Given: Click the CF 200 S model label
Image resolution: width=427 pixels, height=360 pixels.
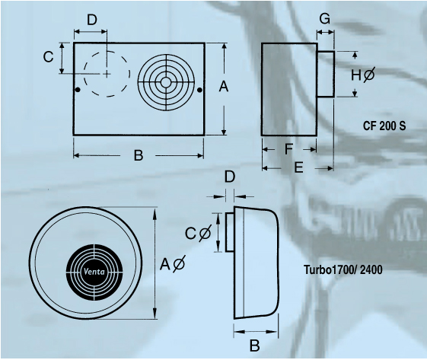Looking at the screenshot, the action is click(384, 126).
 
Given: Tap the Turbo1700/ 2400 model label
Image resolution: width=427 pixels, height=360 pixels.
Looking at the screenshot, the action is click(343, 269).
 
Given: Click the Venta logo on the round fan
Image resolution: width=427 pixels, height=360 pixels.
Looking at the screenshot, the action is click(94, 272).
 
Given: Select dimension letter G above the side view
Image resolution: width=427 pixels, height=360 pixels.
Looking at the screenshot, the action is click(324, 19).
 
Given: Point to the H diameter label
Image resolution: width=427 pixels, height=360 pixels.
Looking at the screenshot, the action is click(363, 75).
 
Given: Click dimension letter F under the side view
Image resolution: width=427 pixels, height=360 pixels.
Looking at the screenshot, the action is click(288, 149).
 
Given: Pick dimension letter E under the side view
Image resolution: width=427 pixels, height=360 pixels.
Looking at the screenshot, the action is click(298, 167).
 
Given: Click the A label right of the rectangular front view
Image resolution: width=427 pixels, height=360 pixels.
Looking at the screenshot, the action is click(224, 87).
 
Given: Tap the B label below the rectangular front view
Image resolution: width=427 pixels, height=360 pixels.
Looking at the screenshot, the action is click(139, 155).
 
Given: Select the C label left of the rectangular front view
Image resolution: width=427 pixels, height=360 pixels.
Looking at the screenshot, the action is click(48, 57).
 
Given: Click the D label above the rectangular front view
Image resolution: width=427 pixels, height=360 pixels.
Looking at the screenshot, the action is click(92, 20).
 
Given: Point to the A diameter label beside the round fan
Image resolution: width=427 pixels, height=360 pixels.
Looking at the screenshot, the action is click(172, 264).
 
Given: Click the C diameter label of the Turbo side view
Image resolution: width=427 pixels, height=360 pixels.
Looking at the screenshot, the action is click(198, 233).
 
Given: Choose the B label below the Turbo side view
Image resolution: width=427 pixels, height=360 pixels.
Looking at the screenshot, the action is click(255, 346).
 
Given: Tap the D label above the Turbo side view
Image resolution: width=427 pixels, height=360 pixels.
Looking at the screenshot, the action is click(230, 177).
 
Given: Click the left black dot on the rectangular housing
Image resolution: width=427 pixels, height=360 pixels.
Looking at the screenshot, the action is click(78, 90).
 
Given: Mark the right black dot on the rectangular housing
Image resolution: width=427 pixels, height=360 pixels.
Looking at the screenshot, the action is click(199, 90).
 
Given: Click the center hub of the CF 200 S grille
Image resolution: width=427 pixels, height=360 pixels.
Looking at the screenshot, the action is click(166, 82).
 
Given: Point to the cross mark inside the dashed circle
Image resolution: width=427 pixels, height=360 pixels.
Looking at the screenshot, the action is click(107, 74).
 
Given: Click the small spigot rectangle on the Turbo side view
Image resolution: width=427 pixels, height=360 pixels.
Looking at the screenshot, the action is click(230, 232).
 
